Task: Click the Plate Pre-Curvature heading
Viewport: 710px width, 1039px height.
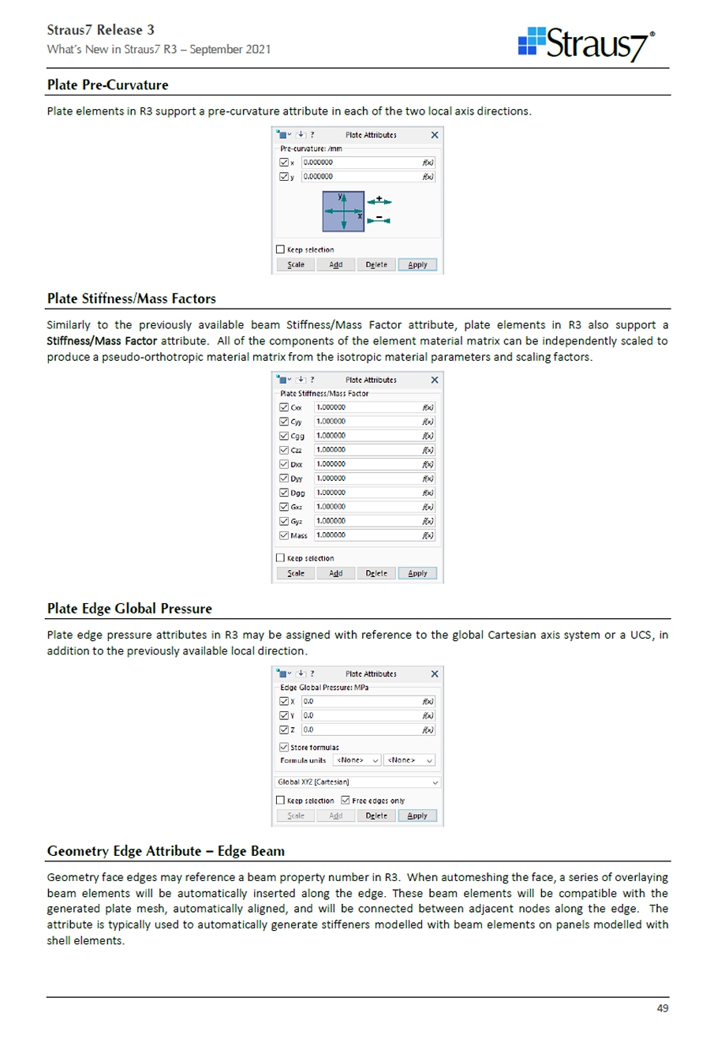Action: pyautogui.click(x=107, y=84)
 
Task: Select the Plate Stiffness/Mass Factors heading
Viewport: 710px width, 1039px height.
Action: pyautogui.click(x=131, y=298)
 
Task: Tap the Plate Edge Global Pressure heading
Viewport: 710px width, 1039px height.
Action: pyautogui.click(x=129, y=609)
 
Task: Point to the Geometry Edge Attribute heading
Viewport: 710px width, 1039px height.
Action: pyautogui.click(x=166, y=851)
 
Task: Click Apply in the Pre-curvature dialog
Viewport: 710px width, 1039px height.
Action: pyautogui.click(x=417, y=264)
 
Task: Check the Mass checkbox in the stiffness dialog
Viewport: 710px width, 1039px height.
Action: pyautogui.click(x=284, y=536)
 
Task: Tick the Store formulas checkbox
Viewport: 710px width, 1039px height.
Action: pyautogui.click(x=284, y=746)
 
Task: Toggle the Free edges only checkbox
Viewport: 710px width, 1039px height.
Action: pyautogui.click(x=346, y=801)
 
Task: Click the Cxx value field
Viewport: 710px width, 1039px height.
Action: pyautogui.click(x=367, y=407)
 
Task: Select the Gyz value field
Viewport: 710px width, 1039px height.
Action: pyautogui.click(x=367, y=521)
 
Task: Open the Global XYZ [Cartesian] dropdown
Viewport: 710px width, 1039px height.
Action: pyautogui.click(x=357, y=782)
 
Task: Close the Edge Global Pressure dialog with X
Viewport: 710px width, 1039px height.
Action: pyautogui.click(x=434, y=673)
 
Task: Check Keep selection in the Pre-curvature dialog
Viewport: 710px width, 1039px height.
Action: pyautogui.click(x=281, y=249)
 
